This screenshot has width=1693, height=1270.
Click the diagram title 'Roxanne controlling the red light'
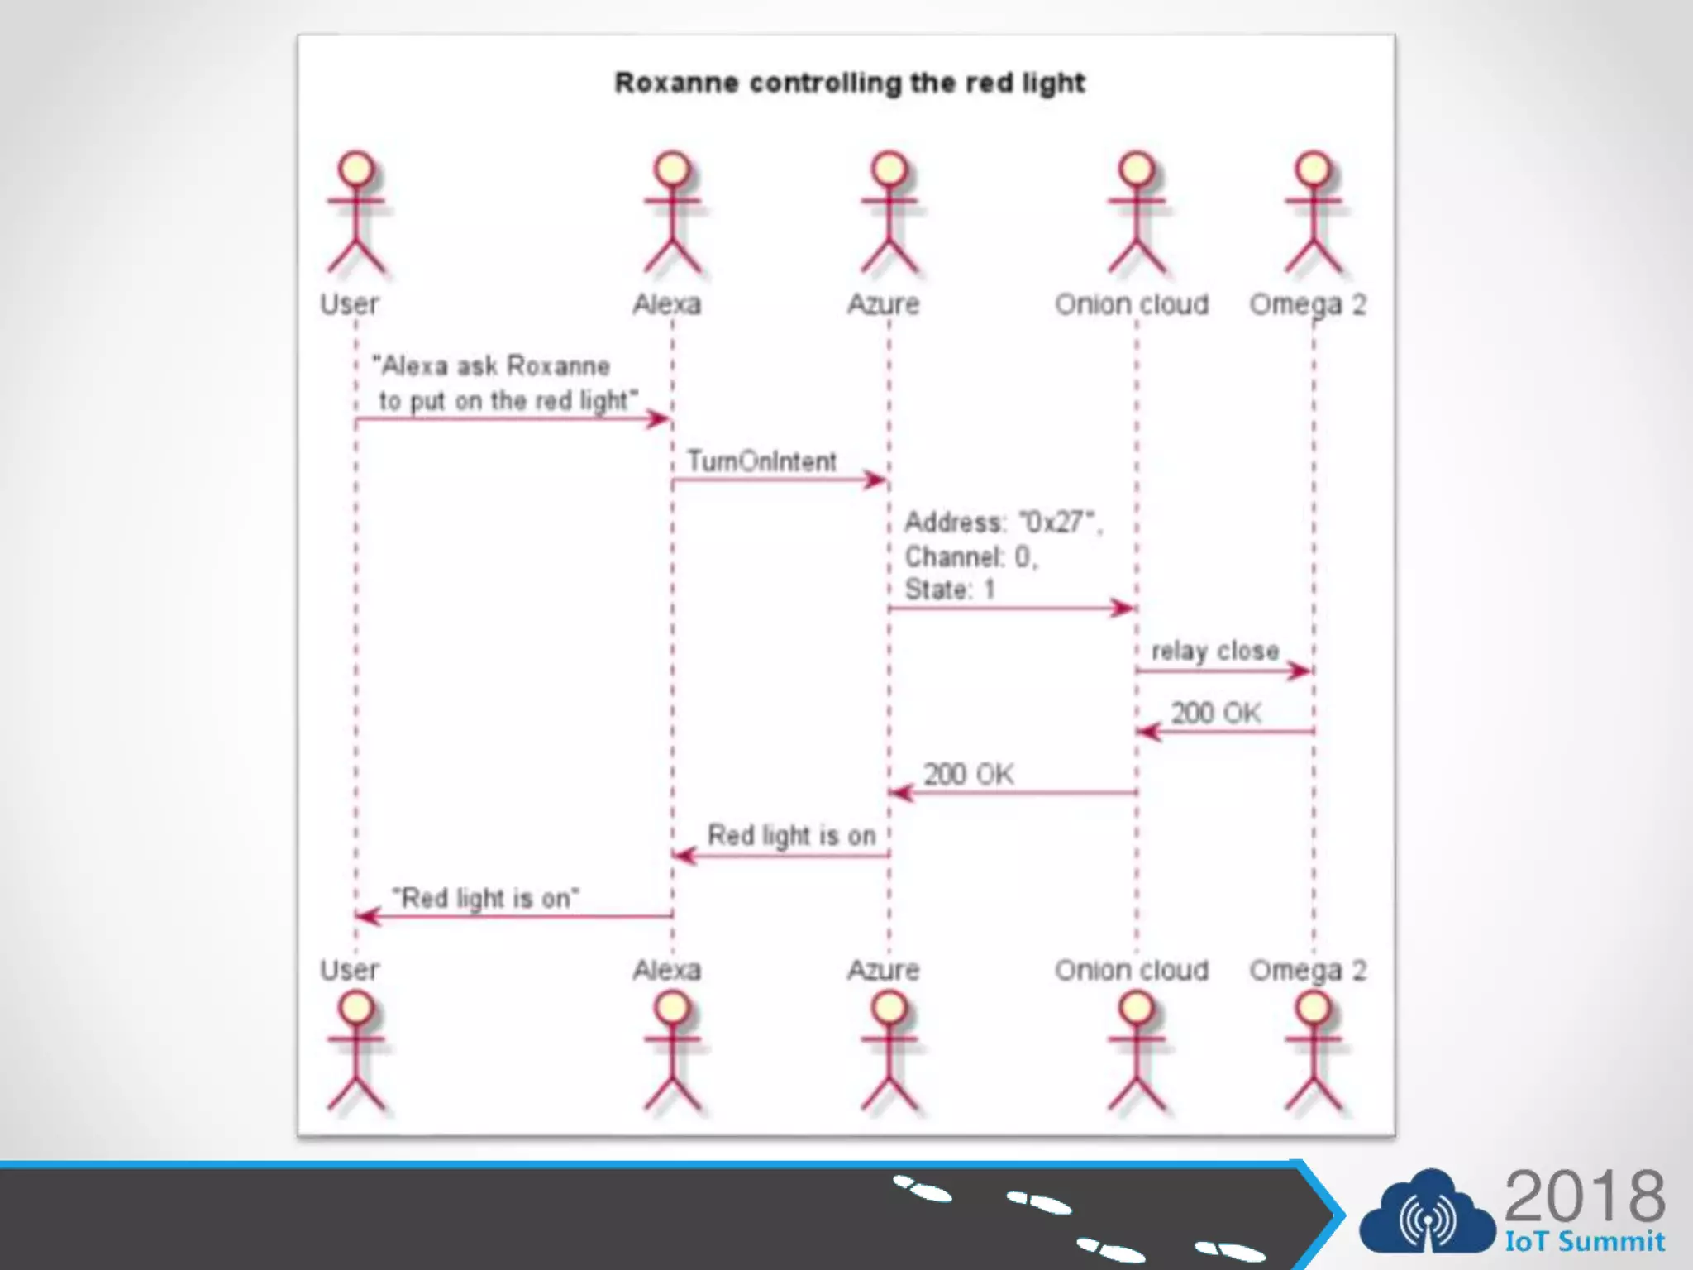coord(849,83)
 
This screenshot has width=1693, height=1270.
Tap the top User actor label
coord(349,304)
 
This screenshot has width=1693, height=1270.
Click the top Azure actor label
coord(883,304)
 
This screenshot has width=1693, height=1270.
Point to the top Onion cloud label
coord(1131,304)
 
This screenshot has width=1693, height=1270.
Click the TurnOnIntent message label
coord(761,461)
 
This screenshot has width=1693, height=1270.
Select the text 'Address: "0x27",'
coord(1003,523)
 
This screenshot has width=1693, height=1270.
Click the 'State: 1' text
coord(949,590)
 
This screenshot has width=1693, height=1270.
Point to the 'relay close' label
coord(1215,651)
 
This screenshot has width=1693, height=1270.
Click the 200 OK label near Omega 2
coord(1215,713)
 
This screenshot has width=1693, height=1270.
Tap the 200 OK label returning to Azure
coord(968,775)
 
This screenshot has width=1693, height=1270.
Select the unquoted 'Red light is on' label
coord(791,836)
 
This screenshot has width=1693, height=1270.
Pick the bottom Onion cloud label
coord(1131,970)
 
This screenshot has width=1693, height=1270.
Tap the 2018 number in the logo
coord(1584,1196)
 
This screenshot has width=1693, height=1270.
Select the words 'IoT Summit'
coord(1584,1241)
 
